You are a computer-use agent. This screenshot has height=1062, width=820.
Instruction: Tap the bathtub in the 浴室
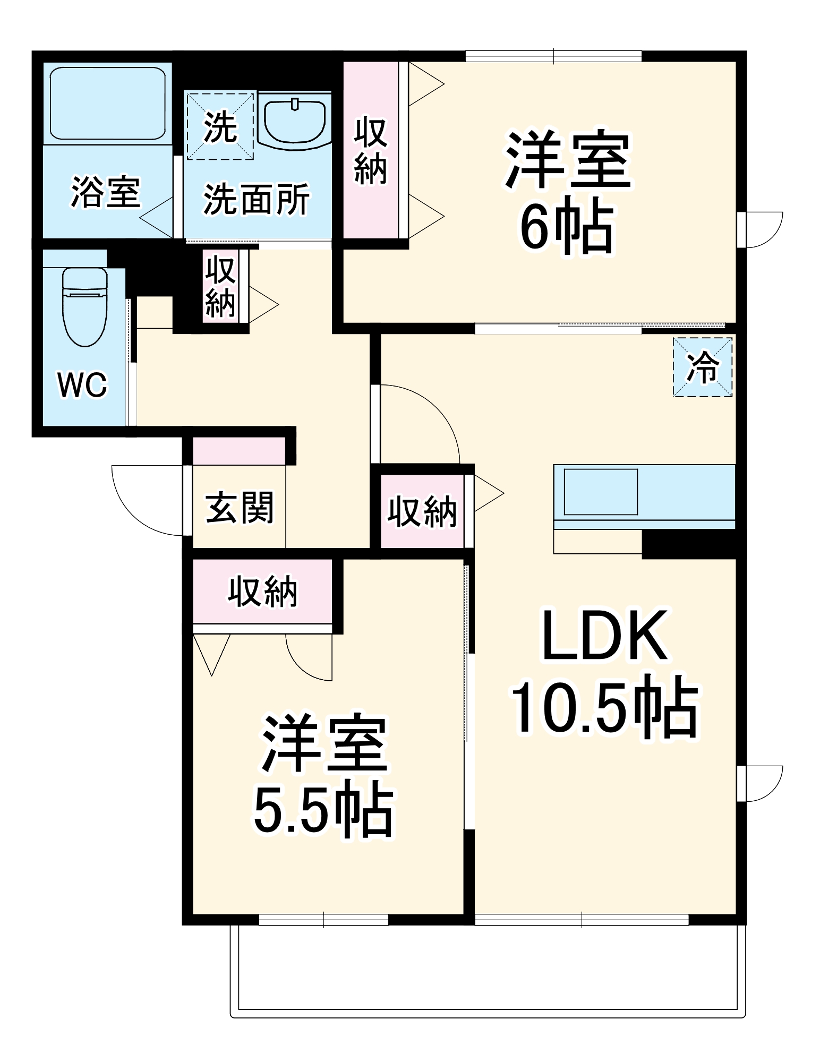108,103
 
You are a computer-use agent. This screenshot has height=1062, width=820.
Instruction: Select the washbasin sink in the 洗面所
294,121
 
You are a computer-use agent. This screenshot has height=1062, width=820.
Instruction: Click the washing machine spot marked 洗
220,126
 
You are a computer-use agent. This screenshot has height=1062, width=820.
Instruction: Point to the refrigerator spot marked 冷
703,367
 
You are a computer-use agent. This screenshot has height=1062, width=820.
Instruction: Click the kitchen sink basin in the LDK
600,492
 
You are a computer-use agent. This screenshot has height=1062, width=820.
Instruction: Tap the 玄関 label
240,507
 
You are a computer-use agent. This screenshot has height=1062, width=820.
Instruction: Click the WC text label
82,384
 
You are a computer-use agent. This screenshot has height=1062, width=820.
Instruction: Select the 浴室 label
106,192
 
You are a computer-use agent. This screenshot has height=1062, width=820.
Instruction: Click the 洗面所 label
257,200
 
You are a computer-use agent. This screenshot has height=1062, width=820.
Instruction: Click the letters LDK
604,636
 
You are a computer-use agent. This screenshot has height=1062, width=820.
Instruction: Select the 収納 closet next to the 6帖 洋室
371,151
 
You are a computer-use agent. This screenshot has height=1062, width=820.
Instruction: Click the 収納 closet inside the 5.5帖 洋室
262,591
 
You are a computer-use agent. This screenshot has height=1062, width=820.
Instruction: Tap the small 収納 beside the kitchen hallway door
422,511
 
